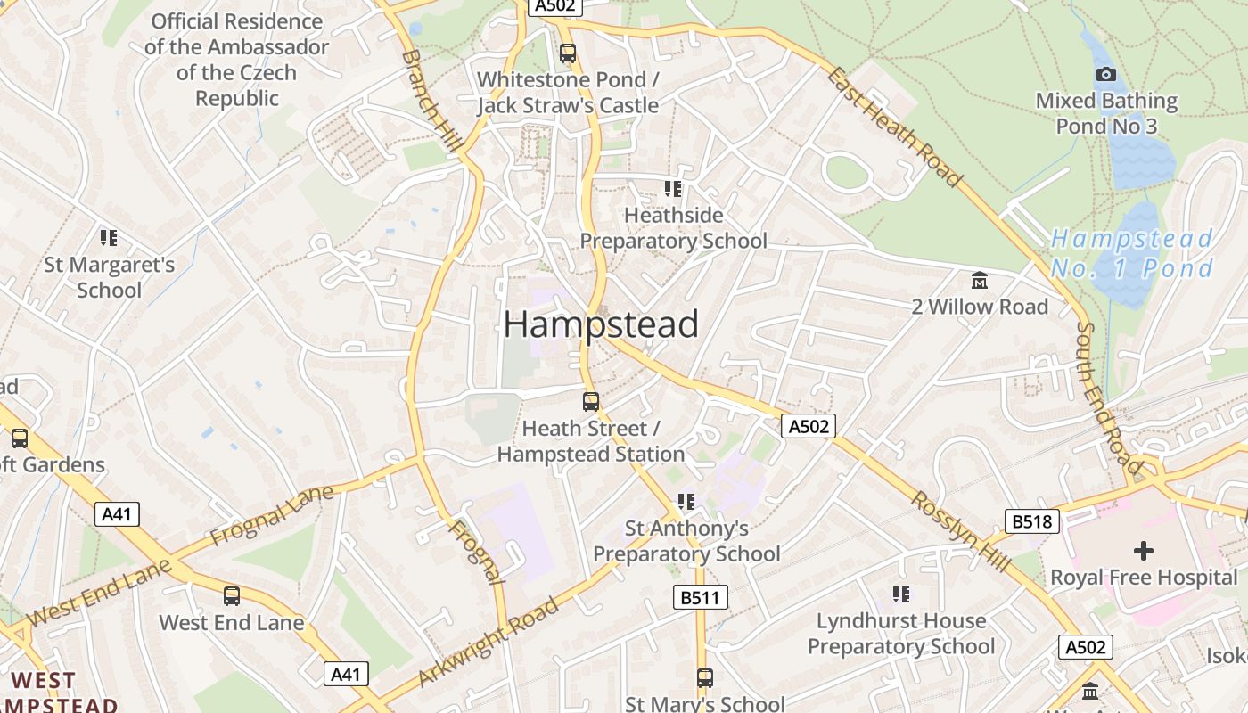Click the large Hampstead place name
coord(601,324)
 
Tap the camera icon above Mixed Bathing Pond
coord(1105,75)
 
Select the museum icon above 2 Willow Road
coord(980,281)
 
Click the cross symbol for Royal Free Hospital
coord(1144,550)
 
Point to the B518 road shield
coord(1031,521)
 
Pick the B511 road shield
coord(700,597)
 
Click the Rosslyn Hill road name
coord(960,532)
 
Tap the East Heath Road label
coord(895,126)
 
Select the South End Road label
coord(1109,397)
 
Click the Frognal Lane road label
coord(273,516)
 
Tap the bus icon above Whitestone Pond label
coord(568,53)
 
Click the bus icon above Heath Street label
coord(591,401)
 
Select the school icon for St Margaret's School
coord(109,238)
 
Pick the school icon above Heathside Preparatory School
coord(673,189)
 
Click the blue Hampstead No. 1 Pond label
coord(1132,253)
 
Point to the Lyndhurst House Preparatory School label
coord(901,633)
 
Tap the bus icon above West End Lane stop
coord(232,596)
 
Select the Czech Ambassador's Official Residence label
coord(237,60)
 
